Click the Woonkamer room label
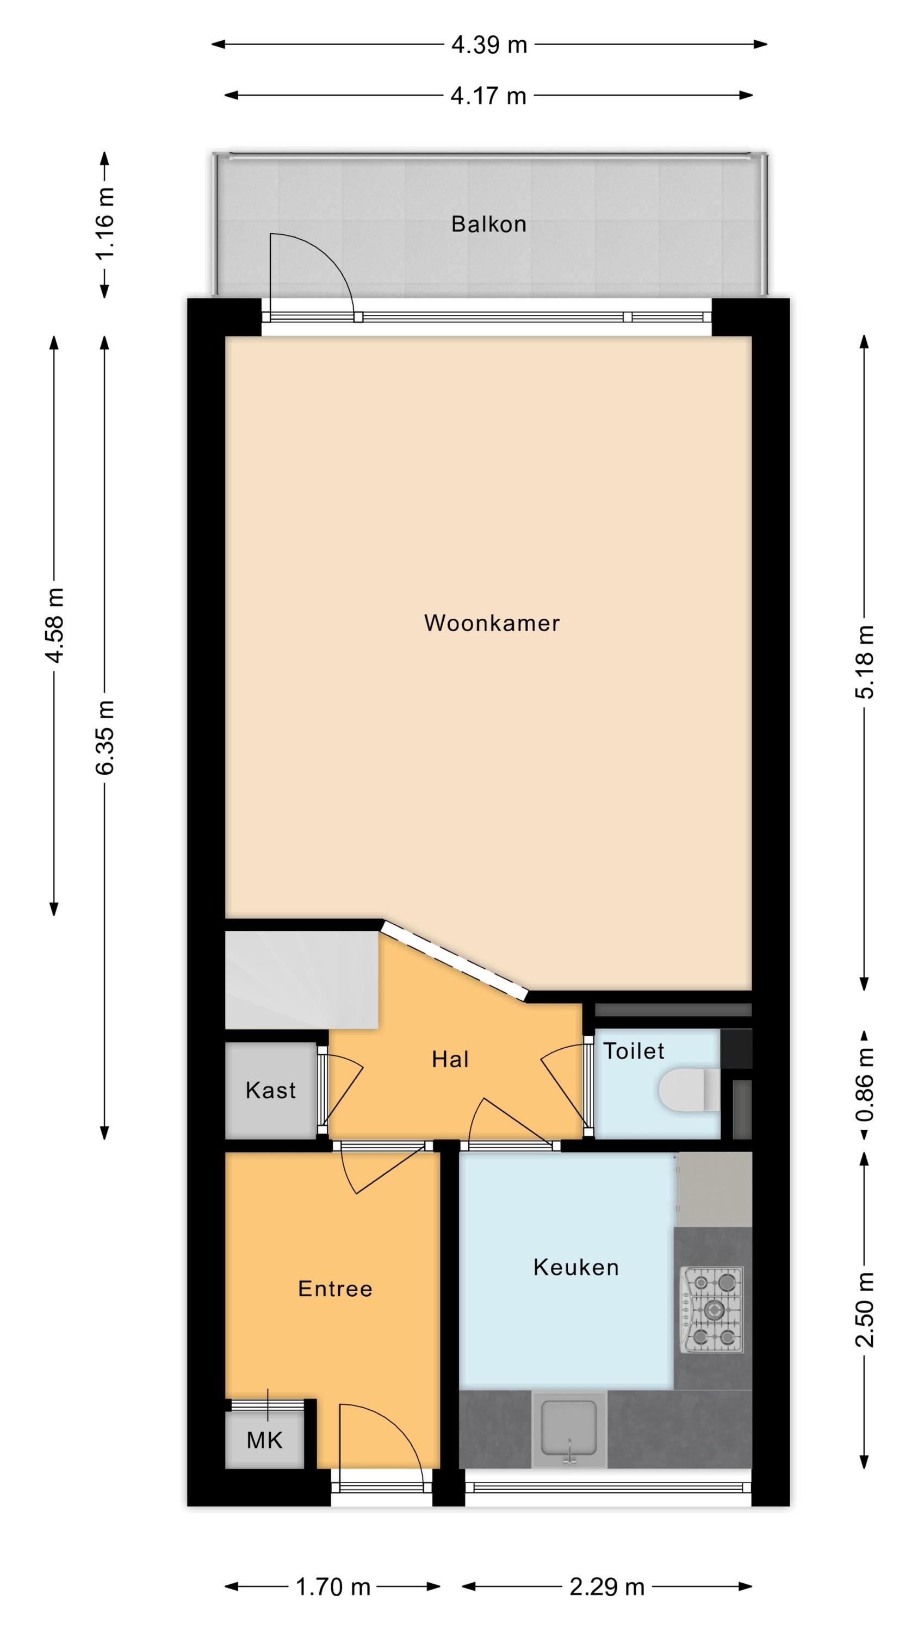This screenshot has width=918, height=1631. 492,623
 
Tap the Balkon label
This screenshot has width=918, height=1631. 488,224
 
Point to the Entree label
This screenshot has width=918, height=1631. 335,1288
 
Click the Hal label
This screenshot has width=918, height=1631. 450,1059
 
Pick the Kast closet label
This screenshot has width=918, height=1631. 270,1090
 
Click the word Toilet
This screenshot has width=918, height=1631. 634,1051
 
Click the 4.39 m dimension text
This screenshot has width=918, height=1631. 489,45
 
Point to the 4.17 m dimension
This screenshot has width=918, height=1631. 488,96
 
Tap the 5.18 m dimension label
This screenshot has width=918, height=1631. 865,662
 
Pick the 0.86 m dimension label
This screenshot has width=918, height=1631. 865,1085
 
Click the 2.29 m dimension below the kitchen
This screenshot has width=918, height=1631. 607,1582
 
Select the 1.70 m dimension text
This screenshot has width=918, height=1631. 333,1582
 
